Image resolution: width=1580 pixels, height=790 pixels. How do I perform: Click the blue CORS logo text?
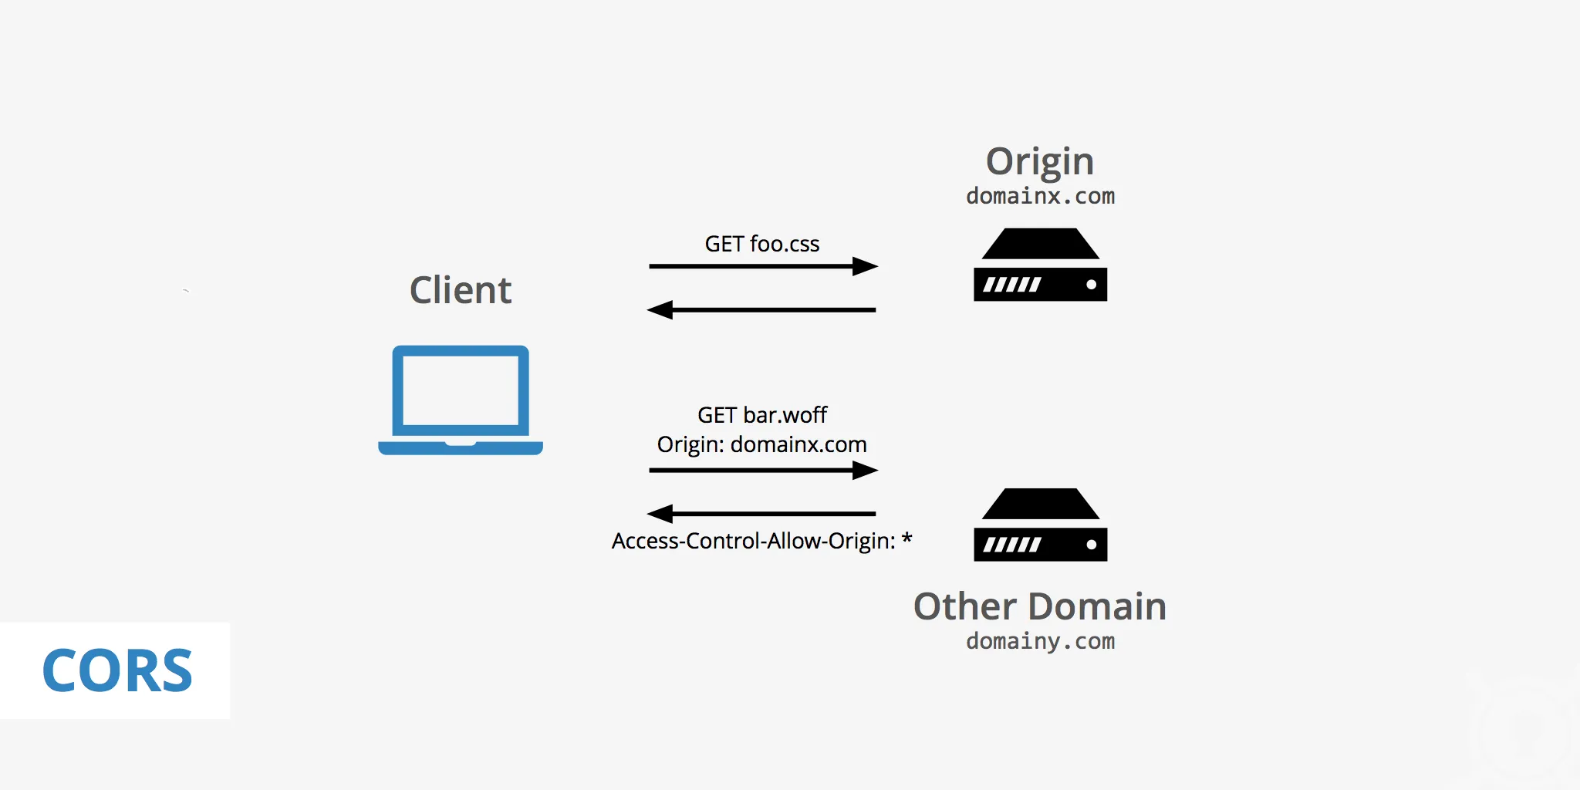tap(117, 670)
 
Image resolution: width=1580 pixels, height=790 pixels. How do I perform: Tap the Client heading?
tap(461, 290)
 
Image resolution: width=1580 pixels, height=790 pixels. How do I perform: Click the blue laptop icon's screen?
tap(461, 390)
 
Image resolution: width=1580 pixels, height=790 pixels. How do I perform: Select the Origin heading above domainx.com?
tap(1039, 161)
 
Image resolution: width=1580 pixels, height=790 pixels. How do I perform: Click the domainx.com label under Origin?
tap(1040, 196)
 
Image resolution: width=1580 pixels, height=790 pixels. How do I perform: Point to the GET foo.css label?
tap(761, 244)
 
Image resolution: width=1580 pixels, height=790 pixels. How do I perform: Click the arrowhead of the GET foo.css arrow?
tap(866, 266)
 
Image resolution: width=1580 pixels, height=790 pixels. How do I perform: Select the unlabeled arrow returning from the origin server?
tap(761, 310)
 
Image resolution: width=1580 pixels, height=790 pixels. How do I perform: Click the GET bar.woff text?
tap(761, 415)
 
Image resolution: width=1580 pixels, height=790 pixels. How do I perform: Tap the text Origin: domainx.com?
tap(761, 444)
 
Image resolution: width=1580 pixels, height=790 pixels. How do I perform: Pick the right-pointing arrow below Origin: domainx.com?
tap(761, 470)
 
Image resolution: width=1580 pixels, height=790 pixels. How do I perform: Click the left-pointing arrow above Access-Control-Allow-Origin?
tap(761, 513)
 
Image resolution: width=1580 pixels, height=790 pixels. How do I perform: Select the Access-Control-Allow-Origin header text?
tap(753, 541)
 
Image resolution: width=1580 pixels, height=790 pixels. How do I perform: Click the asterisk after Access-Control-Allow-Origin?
tap(906, 538)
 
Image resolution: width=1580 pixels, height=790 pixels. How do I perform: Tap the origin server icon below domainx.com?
tap(1040, 265)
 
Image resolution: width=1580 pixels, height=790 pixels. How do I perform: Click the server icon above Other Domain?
tap(1040, 525)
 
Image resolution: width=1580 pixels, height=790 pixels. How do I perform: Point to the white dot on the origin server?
tap(1091, 285)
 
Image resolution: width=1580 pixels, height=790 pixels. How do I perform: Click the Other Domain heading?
tap(1039, 606)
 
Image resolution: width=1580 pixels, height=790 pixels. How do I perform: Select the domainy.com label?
tap(1040, 641)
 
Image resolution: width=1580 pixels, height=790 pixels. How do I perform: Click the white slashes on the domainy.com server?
tap(1011, 545)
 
